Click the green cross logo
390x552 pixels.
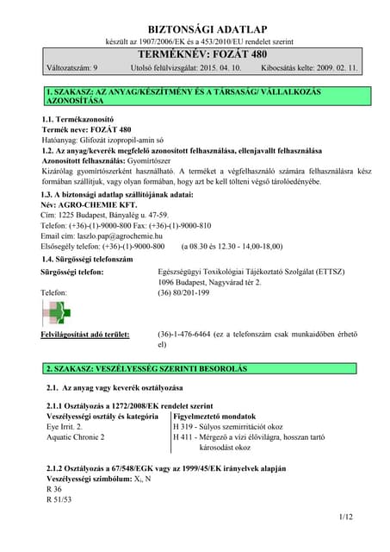coord(59,313)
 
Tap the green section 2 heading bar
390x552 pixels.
coord(195,368)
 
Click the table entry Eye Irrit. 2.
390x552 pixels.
coord(65,426)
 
